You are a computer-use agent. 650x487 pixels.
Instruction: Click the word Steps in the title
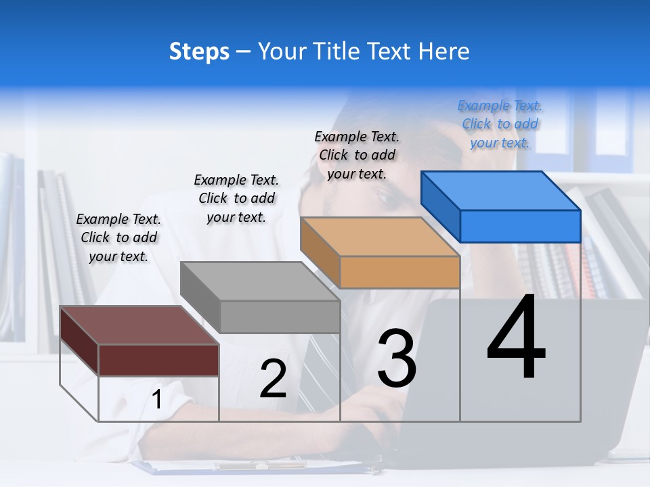[x=199, y=51]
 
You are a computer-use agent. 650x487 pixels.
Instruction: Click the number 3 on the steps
[x=397, y=358]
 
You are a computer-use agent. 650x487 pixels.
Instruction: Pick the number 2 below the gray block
[x=273, y=379]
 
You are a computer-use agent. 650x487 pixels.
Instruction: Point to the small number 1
[x=157, y=400]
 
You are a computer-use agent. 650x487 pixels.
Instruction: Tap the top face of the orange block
[x=380, y=237]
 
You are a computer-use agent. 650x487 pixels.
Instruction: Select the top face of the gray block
[x=260, y=281]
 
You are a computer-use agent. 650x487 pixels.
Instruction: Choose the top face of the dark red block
[x=139, y=325]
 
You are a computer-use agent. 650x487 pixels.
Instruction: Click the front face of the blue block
[x=520, y=226]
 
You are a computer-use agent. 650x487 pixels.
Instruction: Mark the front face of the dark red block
[x=158, y=360]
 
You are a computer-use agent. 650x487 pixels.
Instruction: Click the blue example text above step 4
[x=500, y=124]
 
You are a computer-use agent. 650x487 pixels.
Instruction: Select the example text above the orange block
[x=357, y=155]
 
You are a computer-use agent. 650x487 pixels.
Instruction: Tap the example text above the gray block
[x=236, y=198]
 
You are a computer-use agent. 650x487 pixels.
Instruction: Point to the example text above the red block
[x=118, y=237]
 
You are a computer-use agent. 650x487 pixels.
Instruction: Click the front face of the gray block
[x=280, y=317]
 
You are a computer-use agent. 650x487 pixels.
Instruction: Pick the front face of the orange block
[x=399, y=272]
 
